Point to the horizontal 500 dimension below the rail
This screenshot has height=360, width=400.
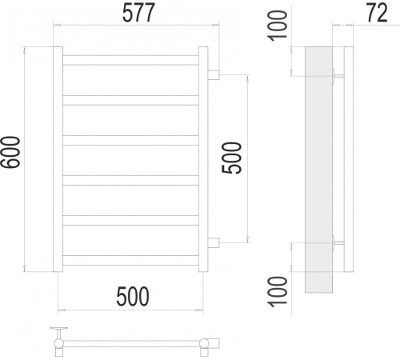coord(133,297)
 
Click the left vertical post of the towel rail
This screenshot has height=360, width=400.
coord(58,158)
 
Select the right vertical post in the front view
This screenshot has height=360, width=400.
coord(203,158)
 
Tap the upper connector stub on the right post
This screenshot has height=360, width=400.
coord(214,75)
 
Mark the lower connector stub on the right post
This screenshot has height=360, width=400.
coord(214,242)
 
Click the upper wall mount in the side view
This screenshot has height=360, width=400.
coord(338,77)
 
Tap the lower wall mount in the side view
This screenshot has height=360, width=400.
coord(338,243)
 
